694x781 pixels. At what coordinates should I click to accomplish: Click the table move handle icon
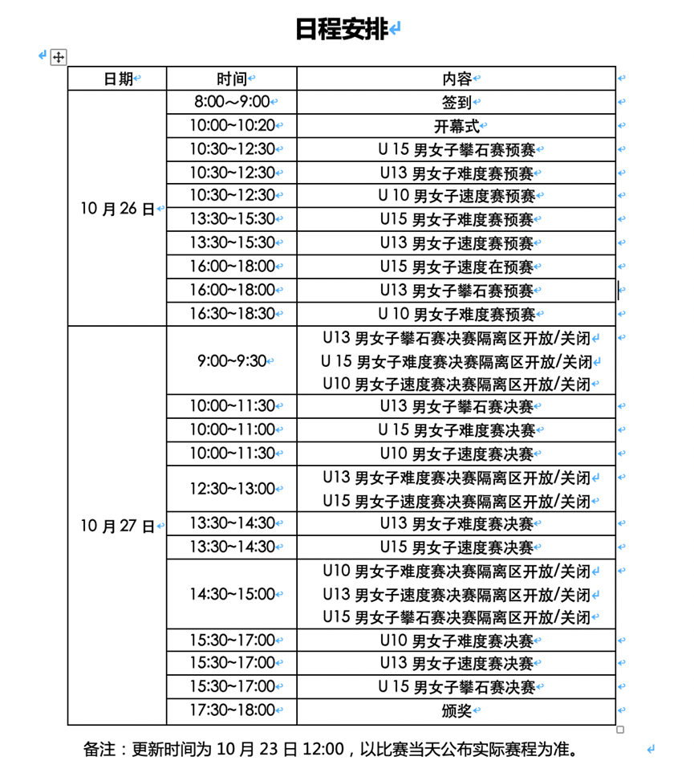58,57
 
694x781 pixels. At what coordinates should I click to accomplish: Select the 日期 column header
118,79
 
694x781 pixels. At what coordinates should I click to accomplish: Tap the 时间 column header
231,79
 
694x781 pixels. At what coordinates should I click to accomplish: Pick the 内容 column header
457,79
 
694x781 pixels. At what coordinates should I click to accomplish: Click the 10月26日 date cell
117,209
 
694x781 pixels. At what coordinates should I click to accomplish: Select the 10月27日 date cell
117,527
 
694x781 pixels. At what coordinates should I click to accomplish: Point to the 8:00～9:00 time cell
232,102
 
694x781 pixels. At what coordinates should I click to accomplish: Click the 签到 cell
457,102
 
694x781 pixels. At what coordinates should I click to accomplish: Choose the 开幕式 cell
457,126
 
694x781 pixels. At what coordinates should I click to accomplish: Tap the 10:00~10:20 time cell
232,126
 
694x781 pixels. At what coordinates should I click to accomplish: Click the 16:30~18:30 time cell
232,314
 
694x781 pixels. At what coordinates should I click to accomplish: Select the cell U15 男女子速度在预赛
457,266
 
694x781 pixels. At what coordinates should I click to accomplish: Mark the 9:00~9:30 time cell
232,361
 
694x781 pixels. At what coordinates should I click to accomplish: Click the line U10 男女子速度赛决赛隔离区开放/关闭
457,384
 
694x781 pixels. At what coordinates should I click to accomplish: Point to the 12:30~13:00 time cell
232,489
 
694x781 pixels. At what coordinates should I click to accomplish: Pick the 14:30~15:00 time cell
232,595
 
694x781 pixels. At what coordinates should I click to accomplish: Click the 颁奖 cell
457,710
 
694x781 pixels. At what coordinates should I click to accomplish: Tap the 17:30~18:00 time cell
232,710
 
